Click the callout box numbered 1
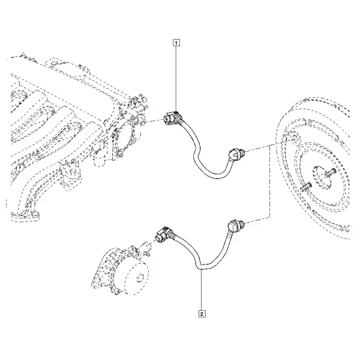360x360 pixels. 176,43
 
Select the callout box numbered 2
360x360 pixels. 202,314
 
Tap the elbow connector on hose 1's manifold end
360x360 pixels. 173,118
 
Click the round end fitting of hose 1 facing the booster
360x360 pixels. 234,154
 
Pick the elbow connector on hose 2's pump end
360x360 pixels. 164,235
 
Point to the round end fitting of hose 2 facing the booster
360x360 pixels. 235,224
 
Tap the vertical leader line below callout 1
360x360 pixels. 176,78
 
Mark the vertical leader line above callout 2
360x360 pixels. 202,290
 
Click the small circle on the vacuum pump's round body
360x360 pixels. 139,278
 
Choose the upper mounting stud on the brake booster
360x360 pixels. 330,172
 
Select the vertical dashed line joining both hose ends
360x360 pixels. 269,181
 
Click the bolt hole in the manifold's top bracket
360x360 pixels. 53,63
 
